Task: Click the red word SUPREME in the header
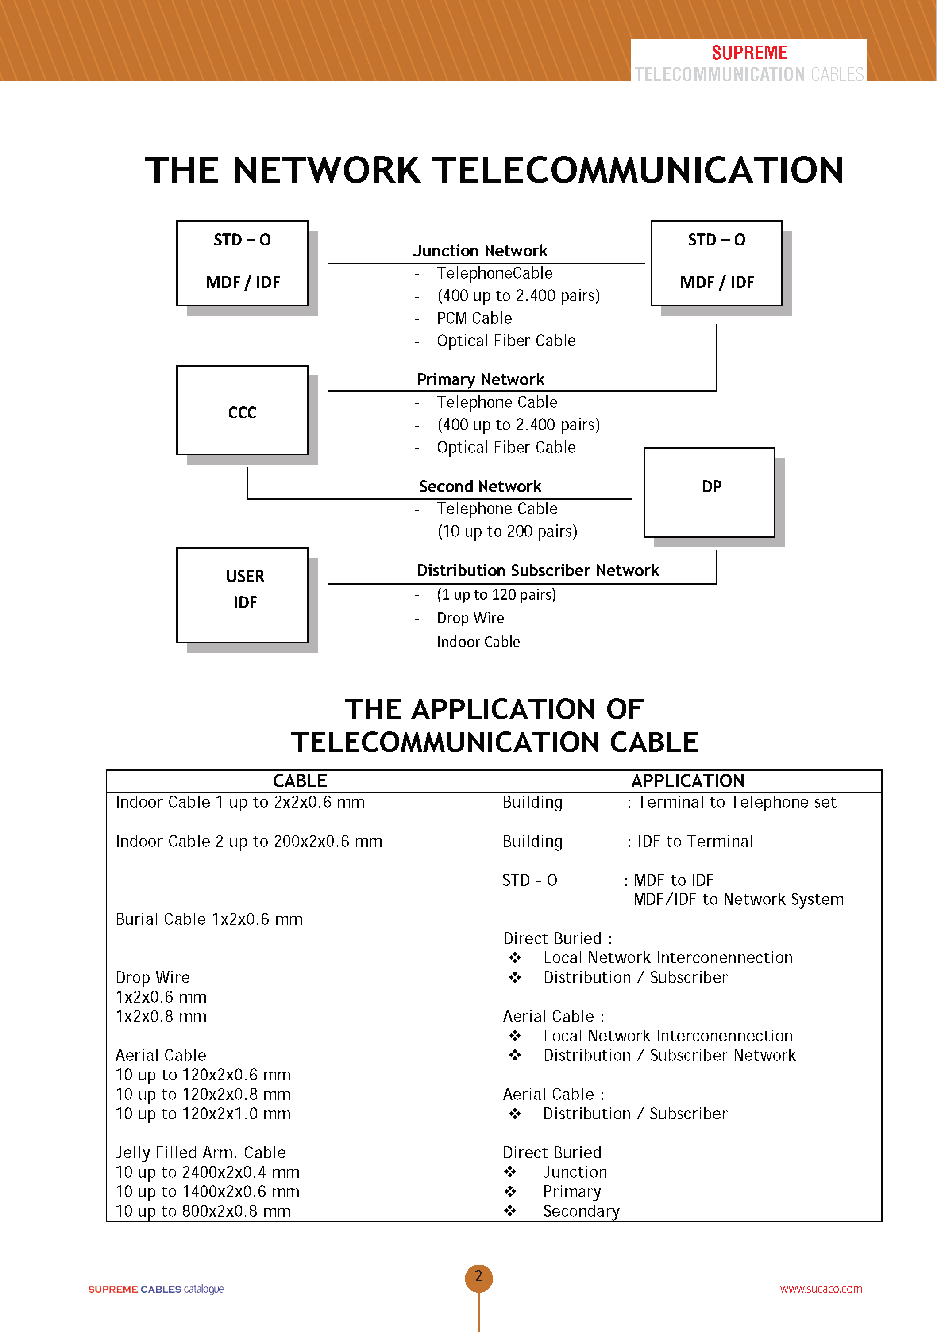pos(749,53)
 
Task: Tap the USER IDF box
pos(242,595)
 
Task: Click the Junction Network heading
pos(480,251)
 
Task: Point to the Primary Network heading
pos(481,379)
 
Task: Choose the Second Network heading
pos(480,486)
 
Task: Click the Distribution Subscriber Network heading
pos(537,570)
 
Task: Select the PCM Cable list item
pos(474,318)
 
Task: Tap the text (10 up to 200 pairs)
pos(507,532)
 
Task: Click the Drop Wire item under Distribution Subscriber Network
pos(470,618)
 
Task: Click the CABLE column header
pos(300,781)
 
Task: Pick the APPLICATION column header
pos(687,781)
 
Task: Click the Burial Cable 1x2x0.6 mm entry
pos(209,919)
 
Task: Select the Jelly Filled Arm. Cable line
pos(200,1152)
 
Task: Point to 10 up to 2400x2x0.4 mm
pos(207,1172)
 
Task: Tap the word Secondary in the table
pos(581,1211)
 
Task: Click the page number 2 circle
pos(478,1276)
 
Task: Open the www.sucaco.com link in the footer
pos(821,1289)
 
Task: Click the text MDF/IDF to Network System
pos(738,899)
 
